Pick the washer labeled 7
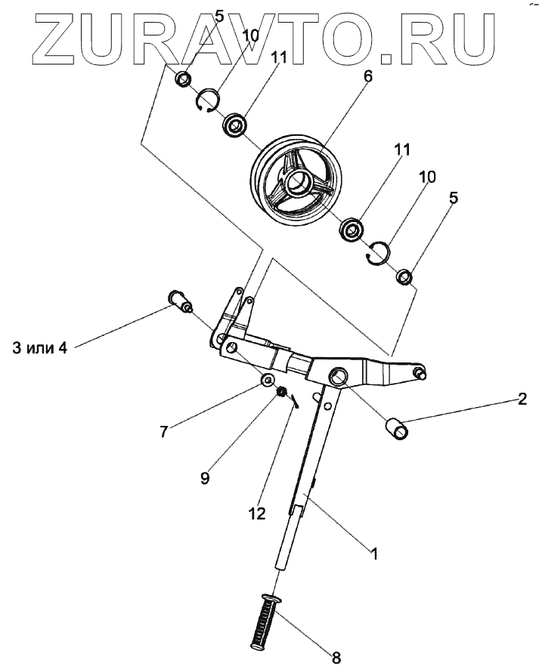[268, 379]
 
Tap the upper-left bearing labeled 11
[236, 123]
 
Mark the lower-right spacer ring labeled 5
[405, 276]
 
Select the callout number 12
[259, 513]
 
